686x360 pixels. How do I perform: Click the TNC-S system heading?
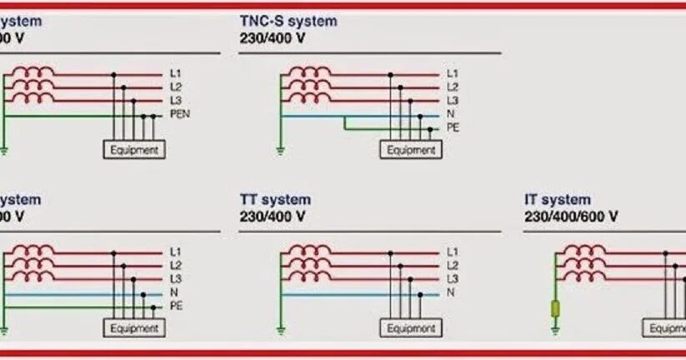click(288, 21)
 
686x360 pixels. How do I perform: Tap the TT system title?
click(275, 200)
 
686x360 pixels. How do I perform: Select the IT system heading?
click(558, 200)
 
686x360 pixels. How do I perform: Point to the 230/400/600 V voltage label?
click(571, 217)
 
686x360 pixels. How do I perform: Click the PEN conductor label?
click(178, 113)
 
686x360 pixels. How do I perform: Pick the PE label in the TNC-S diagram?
click(453, 127)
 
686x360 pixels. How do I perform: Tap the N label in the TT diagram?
click(450, 292)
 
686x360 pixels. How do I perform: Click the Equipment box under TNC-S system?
click(411, 150)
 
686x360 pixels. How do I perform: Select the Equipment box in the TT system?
click(411, 328)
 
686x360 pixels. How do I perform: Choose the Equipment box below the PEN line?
click(133, 150)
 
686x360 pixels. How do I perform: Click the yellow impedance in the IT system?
click(555, 309)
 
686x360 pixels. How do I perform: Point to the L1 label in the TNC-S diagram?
click(452, 73)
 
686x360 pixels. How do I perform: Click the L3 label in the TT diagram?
click(452, 278)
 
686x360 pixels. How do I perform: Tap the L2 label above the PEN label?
click(175, 87)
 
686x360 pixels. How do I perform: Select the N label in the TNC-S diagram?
click(450, 114)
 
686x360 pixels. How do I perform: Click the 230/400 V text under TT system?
click(273, 217)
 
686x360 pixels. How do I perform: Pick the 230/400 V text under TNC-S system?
click(273, 38)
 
